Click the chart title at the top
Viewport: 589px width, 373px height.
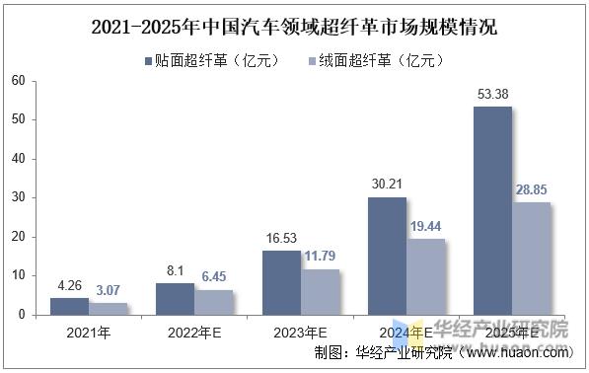[x=294, y=28]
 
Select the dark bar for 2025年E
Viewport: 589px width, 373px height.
[x=492, y=211]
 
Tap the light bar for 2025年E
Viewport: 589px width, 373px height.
[x=531, y=259]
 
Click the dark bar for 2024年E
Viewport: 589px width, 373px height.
[x=387, y=256]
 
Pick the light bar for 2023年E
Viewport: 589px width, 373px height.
[x=320, y=291]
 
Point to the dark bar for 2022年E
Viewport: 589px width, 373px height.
[x=175, y=299]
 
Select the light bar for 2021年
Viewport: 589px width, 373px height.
[x=108, y=309]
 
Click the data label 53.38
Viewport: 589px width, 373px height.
[x=492, y=95]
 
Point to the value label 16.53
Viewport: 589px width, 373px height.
[x=280, y=239]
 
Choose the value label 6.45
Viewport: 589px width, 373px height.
[x=213, y=278]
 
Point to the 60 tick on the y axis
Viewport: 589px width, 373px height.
[x=17, y=81]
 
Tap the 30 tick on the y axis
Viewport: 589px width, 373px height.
[x=17, y=197]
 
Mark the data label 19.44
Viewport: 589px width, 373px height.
[x=426, y=227]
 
